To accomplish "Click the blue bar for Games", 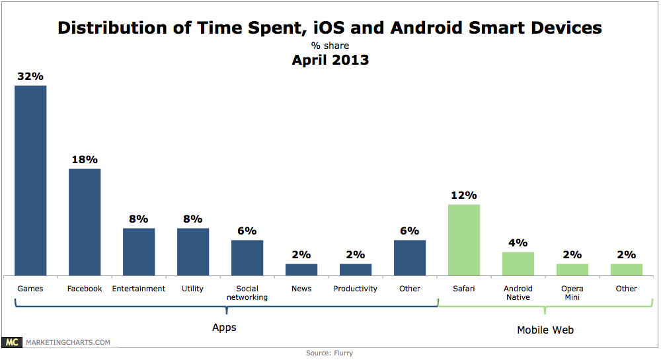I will coord(30,180).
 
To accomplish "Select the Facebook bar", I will coord(85,221).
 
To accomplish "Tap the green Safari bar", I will coord(464,239).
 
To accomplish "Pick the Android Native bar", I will coord(518,263).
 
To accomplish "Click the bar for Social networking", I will coord(247,257).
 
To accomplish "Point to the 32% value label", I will coord(30,77).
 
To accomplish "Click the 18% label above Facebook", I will coord(85,160).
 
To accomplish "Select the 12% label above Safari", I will coord(464,196).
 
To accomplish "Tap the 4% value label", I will coord(518,243).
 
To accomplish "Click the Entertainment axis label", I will coord(139,289).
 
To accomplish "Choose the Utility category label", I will coord(193,289).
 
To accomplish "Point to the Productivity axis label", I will coord(356,289).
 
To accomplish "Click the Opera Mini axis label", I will coord(572,293).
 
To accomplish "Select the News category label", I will coord(301,289).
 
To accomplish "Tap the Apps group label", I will coord(224,327).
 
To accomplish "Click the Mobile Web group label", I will coord(545,330).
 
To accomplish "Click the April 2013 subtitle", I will coord(330,60).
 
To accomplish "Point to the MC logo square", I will coord(11,342).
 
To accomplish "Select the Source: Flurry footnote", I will coord(329,353).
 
